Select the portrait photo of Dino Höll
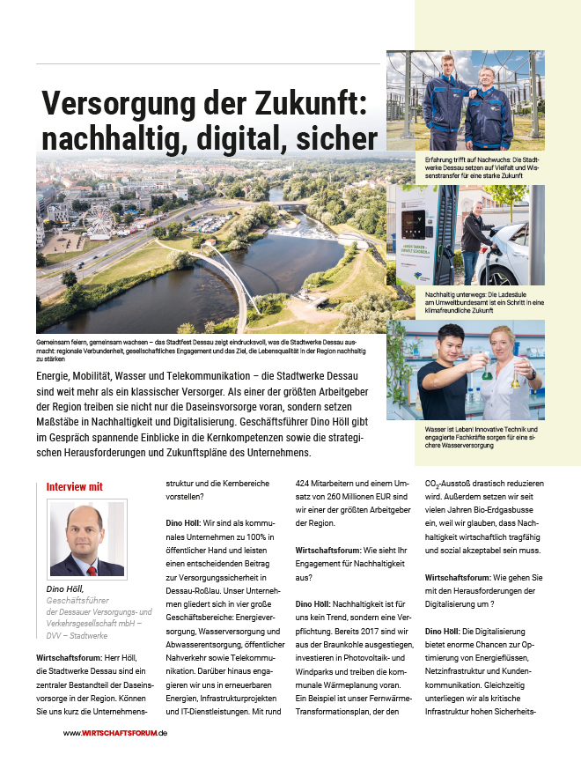85,538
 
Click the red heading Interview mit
75,485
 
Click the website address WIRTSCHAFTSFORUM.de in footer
115,733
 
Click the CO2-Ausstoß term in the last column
453,484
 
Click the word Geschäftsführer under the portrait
80,599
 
